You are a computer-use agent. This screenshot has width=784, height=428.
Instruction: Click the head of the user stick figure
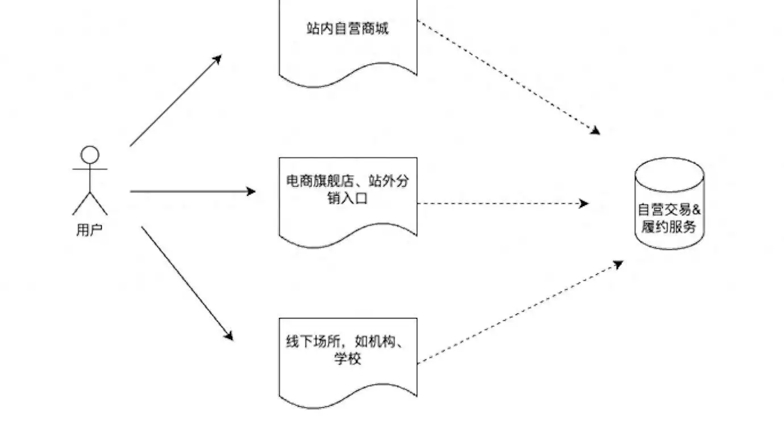(90, 154)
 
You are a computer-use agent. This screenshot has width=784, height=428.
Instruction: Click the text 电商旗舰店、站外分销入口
(348, 190)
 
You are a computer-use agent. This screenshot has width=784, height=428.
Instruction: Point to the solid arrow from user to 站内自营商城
(175, 101)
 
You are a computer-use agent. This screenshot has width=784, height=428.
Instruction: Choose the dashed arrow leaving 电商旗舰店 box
(503, 203)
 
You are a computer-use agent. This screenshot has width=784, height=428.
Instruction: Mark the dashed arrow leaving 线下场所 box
(520, 312)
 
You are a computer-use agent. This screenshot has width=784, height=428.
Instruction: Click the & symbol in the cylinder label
(697, 209)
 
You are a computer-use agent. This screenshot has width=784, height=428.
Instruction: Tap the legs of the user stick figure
(90, 203)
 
